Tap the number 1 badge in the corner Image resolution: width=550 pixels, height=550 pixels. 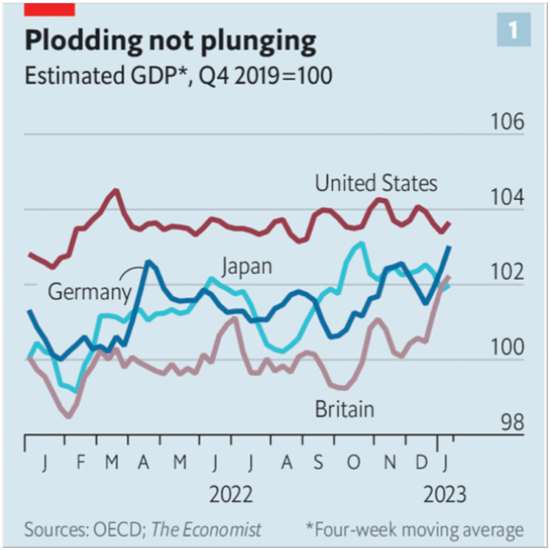513,30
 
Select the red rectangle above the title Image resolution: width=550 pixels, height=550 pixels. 50,9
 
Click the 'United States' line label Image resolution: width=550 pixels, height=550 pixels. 376,184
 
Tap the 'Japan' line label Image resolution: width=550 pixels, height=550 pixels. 246,266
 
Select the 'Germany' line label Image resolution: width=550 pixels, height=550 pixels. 89,292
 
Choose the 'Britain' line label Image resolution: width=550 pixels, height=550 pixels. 344,409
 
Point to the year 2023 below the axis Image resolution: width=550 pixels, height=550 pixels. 443,494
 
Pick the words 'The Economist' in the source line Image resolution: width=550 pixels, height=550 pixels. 207,529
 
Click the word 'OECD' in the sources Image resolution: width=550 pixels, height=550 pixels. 116,529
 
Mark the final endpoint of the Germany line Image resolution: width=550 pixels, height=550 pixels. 449,246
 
